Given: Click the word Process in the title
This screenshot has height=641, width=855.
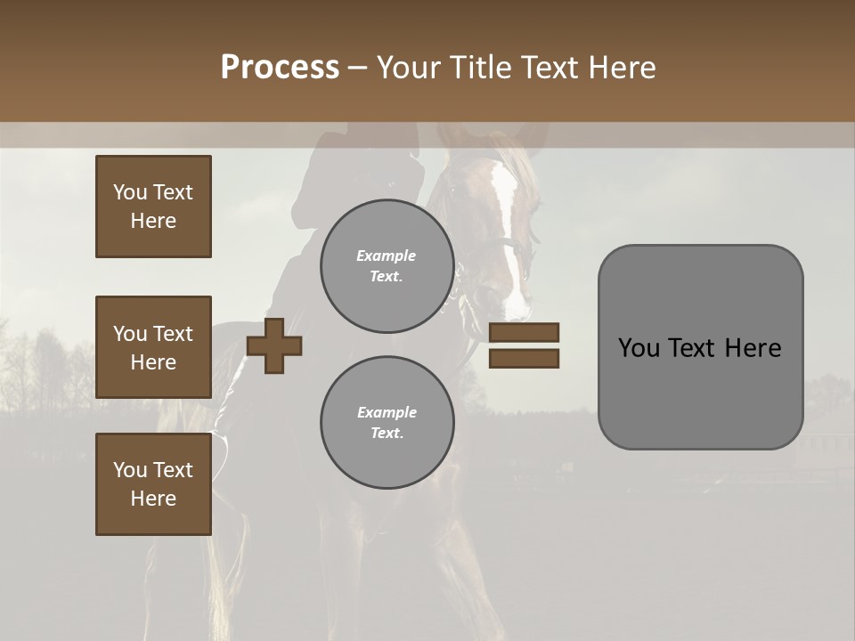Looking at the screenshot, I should click(280, 68).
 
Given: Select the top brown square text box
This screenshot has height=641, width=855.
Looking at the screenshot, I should click(153, 207).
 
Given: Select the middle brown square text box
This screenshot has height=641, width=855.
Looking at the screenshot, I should click(153, 347).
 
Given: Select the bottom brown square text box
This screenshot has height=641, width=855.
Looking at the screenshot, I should click(153, 484).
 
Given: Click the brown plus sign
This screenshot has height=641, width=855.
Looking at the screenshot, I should click(274, 345).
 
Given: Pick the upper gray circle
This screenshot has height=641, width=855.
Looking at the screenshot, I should click(387, 265).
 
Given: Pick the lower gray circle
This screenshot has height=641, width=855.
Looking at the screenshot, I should click(387, 422).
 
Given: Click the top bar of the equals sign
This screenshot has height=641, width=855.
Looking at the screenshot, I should click(524, 332).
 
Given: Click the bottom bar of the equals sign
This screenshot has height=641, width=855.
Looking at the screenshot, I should click(524, 358).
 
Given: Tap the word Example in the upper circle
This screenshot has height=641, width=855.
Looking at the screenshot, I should click(386, 256).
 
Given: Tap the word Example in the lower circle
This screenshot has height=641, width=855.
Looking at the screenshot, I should click(387, 412).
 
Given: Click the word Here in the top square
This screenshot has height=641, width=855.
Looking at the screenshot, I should click(153, 221).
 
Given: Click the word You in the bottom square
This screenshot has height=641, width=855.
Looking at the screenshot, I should click(130, 470).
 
